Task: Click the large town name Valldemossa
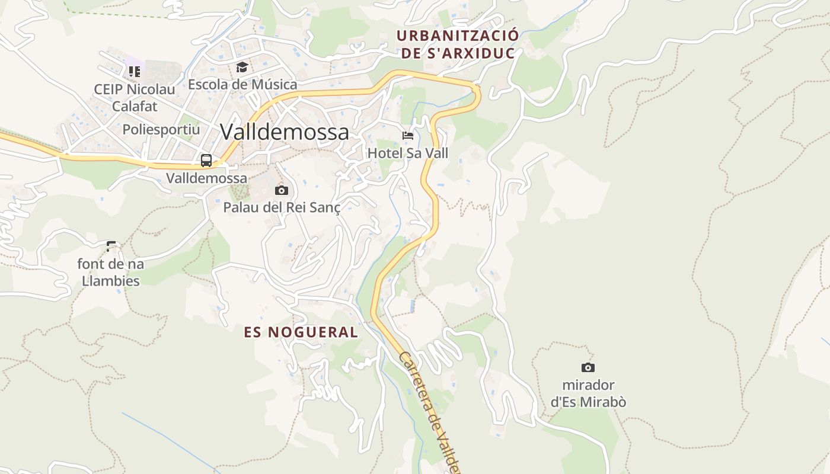(284, 132)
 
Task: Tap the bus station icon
(206, 160)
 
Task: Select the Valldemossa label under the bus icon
(206, 178)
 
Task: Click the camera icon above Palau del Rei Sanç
(282, 190)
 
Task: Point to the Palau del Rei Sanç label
(282, 207)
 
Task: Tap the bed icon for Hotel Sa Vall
(407, 136)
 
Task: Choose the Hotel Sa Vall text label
(408, 153)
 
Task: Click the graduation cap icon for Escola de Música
(241, 67)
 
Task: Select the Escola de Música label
(242, 84)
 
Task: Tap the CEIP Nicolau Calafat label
(135, 98)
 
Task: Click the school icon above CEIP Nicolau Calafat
(135, 72)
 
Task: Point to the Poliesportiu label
(161, 129)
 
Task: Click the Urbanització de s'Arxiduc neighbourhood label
(457, 44)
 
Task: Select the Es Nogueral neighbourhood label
(301, 332)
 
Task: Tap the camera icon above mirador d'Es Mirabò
(588, 367)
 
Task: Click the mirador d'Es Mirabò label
(588, 393)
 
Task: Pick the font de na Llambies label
(111, 272)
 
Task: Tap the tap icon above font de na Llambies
(111, 245)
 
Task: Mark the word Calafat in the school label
(135, 107)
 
